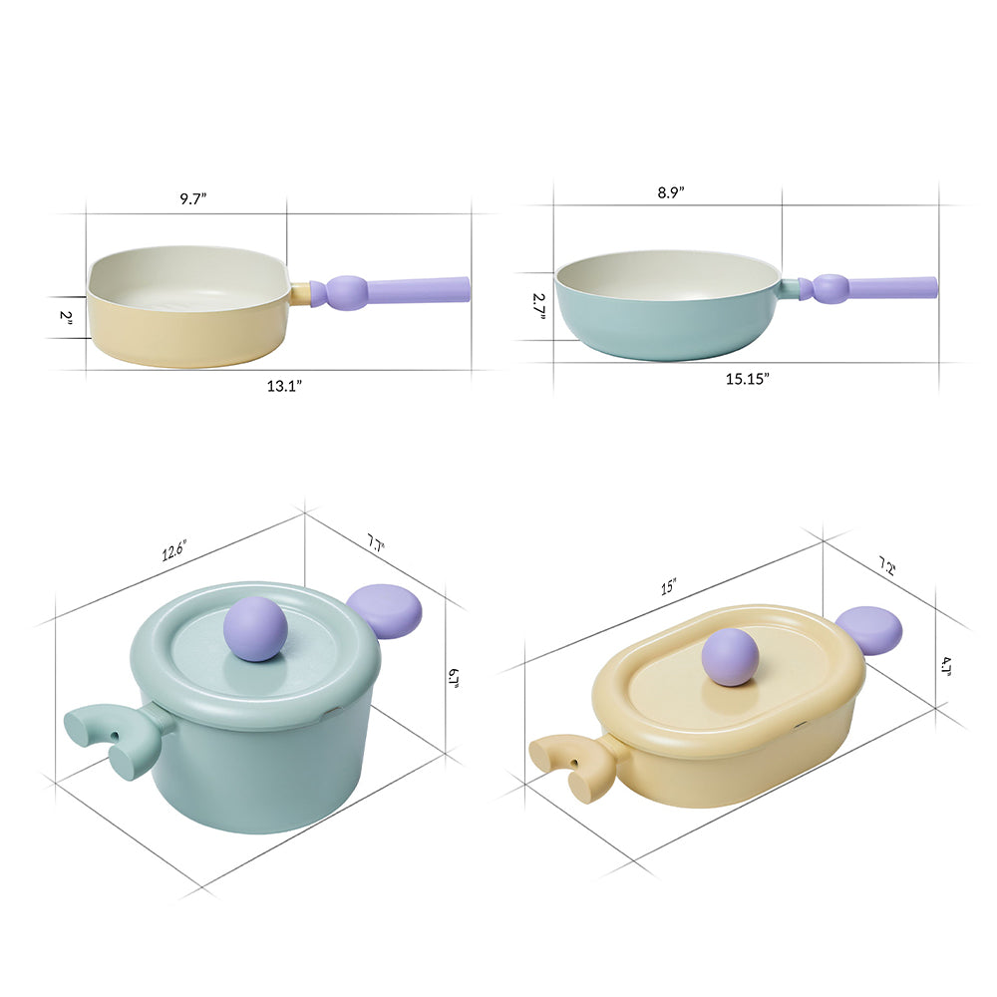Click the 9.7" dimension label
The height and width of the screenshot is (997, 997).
pyautogui.click(x=193, y=198)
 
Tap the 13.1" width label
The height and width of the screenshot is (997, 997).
pyautogui.click(x=284, y=385)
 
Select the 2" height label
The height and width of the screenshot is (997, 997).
pyautogui.click(x=66, y=316)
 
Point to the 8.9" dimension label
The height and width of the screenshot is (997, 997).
pyautogui.click(x=671, y=192)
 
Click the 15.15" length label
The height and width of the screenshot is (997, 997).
pyautogui.click(x=748, y=378)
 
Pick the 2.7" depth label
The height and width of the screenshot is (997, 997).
pyautogui.click(x=539, y=306)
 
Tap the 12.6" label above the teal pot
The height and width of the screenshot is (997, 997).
pyautogui.click(x=173, y=550)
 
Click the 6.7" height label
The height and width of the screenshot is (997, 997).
pyautogui.click(x=454, y=678)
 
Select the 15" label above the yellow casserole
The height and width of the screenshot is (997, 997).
pyautogui.click(x=668, y=586)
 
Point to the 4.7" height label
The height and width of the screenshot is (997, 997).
pyautogui.click(x=945, y=666)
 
